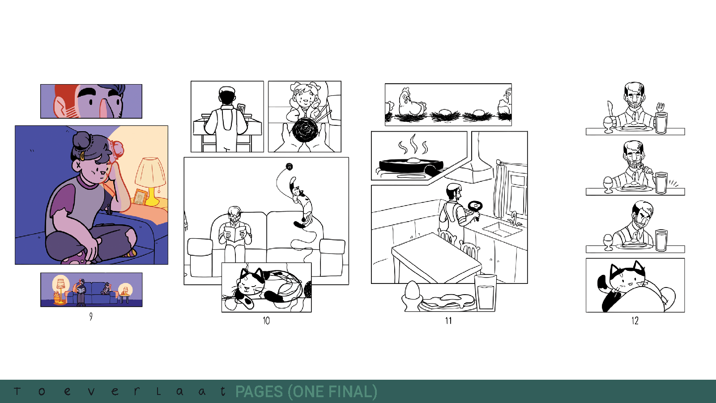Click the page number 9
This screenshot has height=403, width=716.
point(91,317)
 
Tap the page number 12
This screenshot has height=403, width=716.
point(635,321)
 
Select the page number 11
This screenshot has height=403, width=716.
point(448,321)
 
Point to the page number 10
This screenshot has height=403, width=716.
point(266,321)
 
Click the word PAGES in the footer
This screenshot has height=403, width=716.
point(259,392)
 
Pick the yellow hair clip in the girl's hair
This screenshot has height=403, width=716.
point(82,156)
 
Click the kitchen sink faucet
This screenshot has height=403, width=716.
point(514,219)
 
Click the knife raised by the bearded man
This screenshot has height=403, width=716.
point(609,109)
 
